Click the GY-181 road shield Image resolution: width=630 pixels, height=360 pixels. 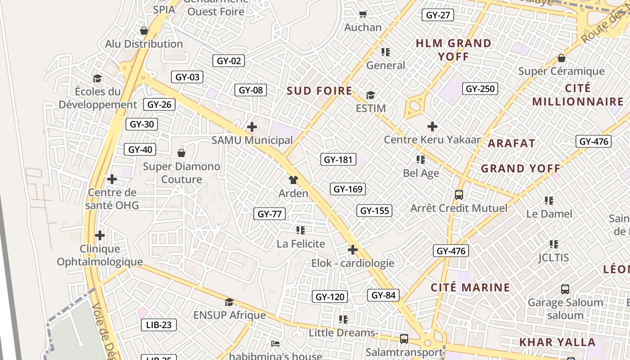coord(338,159)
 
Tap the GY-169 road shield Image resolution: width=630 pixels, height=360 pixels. coord(348,189)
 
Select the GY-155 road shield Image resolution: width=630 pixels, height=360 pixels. coord(374,211)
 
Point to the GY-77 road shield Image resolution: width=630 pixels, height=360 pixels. coord(270,214)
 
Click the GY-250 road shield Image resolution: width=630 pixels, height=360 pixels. coord(480,89)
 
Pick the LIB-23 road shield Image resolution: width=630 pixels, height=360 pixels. coord(158,324)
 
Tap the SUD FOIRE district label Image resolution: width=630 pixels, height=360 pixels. coord(319,91)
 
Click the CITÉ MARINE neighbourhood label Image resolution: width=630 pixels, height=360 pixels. coord(470,288)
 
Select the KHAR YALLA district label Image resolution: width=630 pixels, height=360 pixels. coord(558,342)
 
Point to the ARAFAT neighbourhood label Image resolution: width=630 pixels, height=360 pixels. coord(512,144)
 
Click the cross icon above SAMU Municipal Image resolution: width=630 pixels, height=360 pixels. coord(252,127)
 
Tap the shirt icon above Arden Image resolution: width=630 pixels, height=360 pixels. coord(293,180)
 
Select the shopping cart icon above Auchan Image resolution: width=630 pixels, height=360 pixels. coord(363,14)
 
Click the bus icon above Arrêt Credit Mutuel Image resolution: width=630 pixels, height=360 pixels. coord(459,195)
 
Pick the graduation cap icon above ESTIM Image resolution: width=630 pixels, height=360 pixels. coord(370,95)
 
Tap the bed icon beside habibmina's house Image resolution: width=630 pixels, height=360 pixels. coord(275,344)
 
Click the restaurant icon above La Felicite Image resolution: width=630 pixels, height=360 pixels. coord(301,230)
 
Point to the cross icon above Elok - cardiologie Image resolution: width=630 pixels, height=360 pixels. coord(353,250)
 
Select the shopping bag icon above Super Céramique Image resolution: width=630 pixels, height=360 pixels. coord(561,58)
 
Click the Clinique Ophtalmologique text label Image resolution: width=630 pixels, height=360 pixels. coord(99,255)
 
